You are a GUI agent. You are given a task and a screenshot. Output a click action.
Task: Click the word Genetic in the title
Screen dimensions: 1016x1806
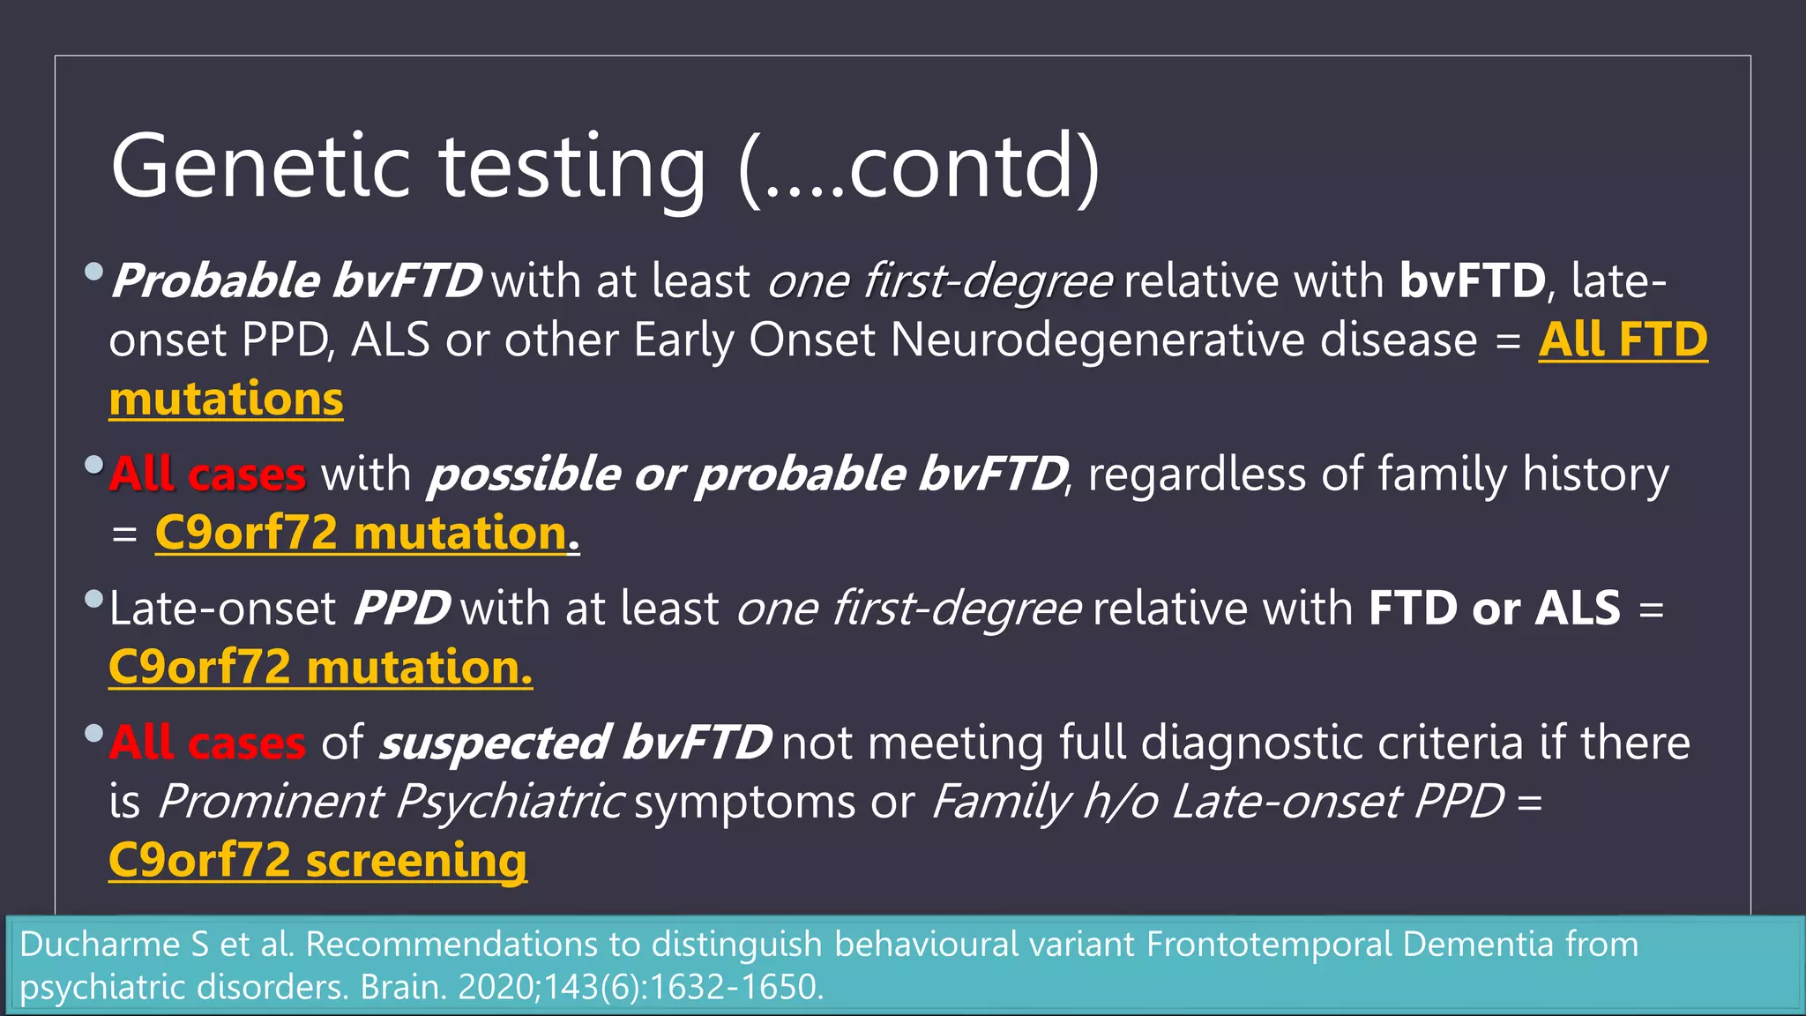(261, 168)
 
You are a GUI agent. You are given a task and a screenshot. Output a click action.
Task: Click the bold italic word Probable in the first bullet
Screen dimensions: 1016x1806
(215, 281)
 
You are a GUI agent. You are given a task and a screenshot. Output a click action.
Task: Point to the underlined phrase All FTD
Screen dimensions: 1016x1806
(1623, 340)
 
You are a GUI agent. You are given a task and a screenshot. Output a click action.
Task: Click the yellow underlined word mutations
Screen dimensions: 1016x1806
(226, 400)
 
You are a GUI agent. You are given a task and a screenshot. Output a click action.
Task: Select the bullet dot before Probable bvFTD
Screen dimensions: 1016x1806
(94, 272)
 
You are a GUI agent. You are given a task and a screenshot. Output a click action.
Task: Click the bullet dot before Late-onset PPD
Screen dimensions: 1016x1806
(94, 600)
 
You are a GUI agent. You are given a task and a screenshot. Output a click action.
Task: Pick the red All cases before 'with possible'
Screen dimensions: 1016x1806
(207, 474)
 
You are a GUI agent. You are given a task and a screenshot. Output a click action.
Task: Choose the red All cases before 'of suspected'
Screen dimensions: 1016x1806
(207, 743)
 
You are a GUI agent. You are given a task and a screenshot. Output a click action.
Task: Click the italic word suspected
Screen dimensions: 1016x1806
(495, 743)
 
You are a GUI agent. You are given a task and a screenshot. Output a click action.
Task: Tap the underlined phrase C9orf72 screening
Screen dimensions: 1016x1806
(317, 861)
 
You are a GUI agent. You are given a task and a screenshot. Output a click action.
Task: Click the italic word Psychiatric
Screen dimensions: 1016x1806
(509, 802)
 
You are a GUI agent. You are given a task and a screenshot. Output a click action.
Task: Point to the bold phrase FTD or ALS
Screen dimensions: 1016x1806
(1494, 609)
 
